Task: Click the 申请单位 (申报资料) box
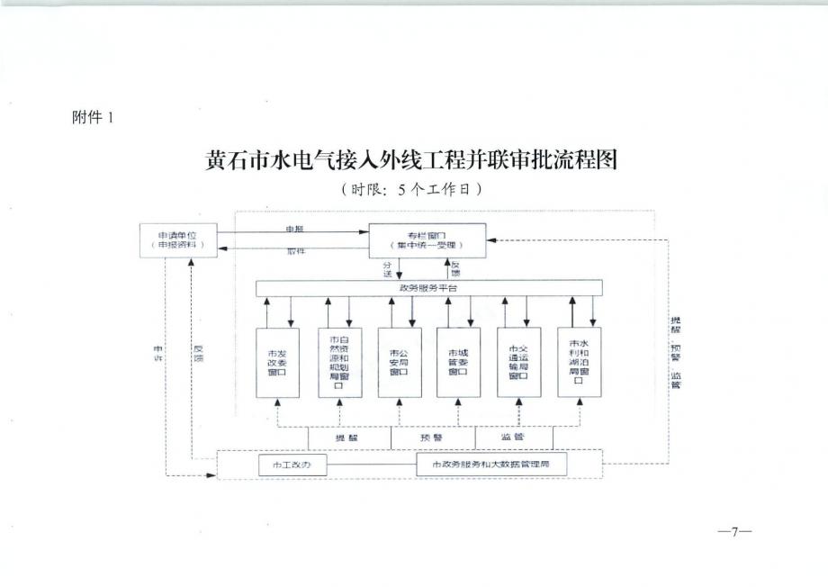tap(178, 239)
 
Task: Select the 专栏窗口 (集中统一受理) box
tap(427, 239)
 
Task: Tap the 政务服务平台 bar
tap(428, 288)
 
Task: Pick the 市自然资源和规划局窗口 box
tap(338, 362)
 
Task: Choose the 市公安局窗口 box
tap(399, 362)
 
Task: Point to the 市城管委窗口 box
tap(458, 362)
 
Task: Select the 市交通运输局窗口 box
tap(518, 362)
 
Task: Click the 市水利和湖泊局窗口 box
tap(579, 362)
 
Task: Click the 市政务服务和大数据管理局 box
tap(508, 465)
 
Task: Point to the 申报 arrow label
tap(294, 230)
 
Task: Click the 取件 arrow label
tap(295, 251)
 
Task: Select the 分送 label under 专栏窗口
tap(388, 268)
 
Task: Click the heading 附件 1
tap(93, 117)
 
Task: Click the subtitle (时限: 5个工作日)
tap(413, 189)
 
